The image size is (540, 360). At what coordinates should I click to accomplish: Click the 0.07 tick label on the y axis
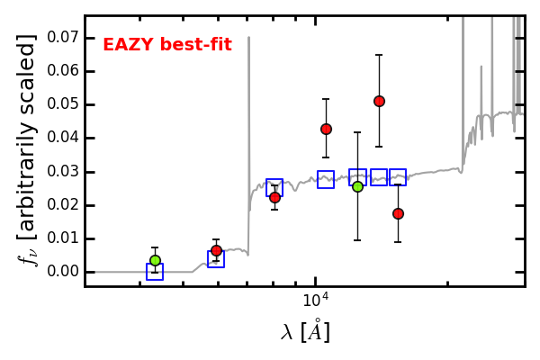coord(64,37)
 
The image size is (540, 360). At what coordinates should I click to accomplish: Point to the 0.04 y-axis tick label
coord(64,138)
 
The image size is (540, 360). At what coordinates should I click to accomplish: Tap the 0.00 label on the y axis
coord(64,272)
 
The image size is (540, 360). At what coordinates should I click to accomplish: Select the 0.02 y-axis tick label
coord(64,204)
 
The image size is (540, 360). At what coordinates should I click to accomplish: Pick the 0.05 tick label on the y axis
coord(64,104)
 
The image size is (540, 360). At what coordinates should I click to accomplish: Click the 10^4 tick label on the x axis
coord(316,300)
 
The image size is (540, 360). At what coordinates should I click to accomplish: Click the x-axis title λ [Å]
coord(305,332)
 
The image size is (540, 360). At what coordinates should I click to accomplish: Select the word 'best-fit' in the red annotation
coord(196,45)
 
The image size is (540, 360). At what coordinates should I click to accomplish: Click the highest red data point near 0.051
coord(379,102)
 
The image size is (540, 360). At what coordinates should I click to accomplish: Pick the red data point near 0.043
coord(326,130)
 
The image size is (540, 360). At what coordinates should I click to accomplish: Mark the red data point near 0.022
coord(274,197)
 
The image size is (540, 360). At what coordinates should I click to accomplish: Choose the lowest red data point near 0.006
coord(216,250)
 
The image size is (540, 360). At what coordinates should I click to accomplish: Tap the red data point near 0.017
coord(398,214)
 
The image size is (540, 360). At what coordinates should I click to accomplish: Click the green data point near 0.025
coord(358,187)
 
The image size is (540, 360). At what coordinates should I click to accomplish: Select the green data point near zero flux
coord(156,260)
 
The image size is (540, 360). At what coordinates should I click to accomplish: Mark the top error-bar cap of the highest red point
coord(379,55)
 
